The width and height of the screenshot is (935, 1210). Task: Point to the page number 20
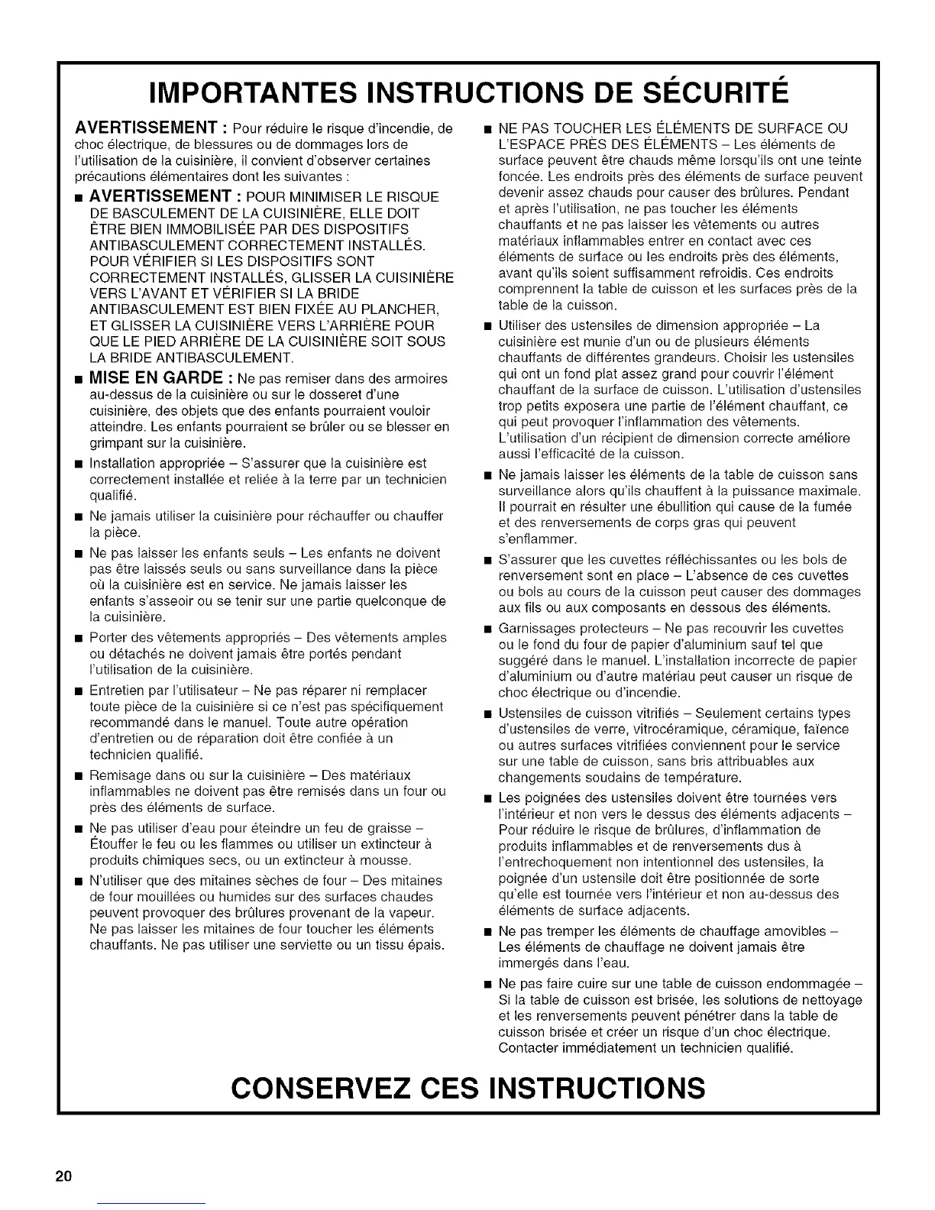tap(63, 1176)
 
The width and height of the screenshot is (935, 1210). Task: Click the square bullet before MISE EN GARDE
tap(77, 380)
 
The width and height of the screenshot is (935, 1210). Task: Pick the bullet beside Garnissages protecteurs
tap(487, 629)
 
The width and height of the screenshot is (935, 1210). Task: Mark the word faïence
tap(823, 729)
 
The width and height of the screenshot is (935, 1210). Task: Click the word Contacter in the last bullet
tap(525, 1048)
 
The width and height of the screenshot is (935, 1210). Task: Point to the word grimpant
tap(116, 443)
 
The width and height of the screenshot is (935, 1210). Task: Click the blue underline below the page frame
tap(152, 1204)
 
